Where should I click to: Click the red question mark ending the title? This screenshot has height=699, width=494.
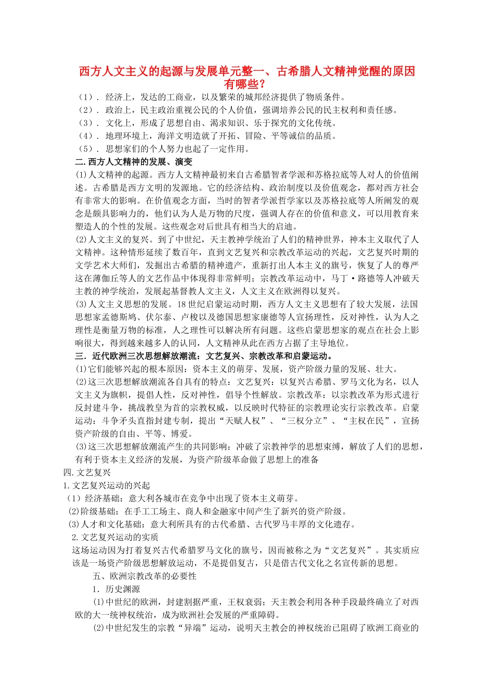pyautogui.click(x=265, y=84)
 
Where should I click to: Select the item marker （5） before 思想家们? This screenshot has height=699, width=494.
pyautogui.click(x=86, y=149)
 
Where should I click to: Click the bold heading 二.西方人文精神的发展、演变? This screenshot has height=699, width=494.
pyautogui.click(x=134, y=162)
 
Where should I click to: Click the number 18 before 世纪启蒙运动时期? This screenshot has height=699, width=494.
pyautogui.click(x=181, y=304)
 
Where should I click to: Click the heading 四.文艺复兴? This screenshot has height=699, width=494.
pyautogui.click(x=87, y=473)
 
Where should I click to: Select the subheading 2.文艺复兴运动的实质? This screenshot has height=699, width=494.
pyautogui.click(x=115, y=537)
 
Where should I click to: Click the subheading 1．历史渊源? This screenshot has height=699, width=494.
pyautogui.click(x=116, y=589)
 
